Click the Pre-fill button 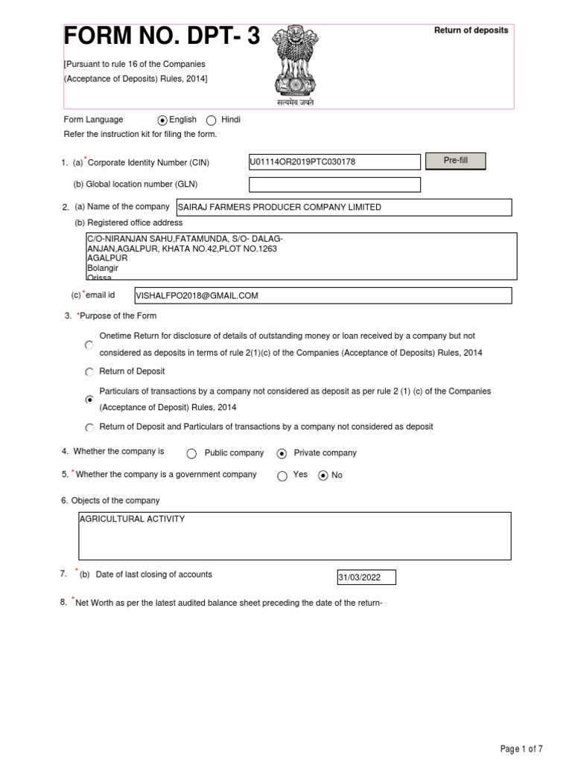coord(455,161)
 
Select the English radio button coord(163,120)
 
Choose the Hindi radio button coord(211,120)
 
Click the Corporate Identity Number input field coord(334,162)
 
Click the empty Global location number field coord(334,185)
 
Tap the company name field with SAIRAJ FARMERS coord(343,207)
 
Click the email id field coord(322,295)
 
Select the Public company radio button coord(191,453)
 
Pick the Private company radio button coord(282,453)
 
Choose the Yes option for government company coord(282,476)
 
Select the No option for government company coord(322,476)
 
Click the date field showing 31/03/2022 coord(366,578)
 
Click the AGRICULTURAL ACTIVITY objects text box coord(295,535)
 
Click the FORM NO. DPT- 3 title coord(162,36)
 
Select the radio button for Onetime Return coord(89,345)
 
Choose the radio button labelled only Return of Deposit coord(89,372)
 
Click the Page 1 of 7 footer coord(521,748)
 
